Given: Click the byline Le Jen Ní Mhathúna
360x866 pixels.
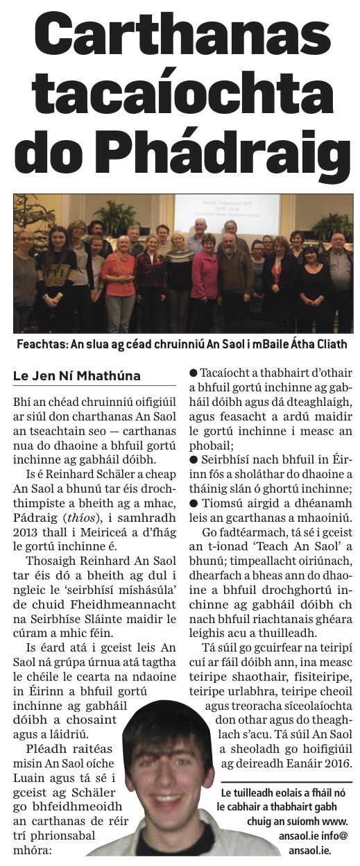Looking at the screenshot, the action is (x=76, y=375).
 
